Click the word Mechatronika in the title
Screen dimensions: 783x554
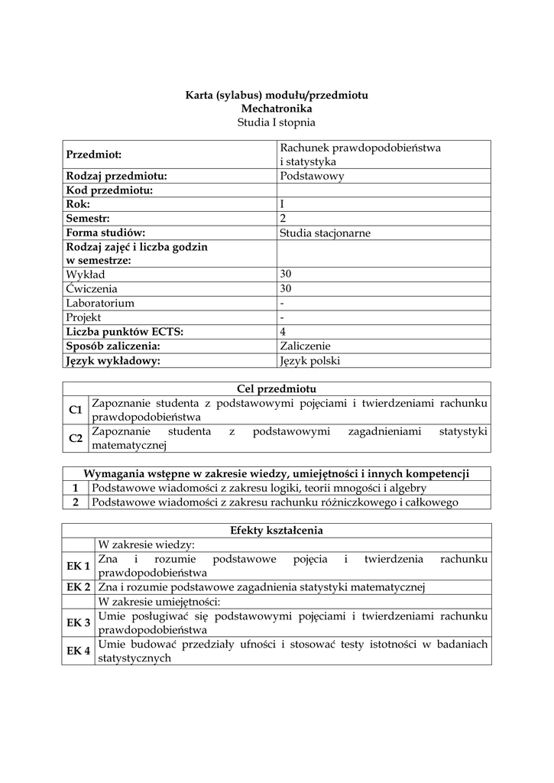pyautogui.click(x=277, y=109)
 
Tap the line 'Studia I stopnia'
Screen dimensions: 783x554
pyautogui.click(x=277, y=122)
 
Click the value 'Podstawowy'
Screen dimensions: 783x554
pyautogui.click(x=312, y=176)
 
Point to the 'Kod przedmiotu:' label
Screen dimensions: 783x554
pyautogui.click(x=110, y=190)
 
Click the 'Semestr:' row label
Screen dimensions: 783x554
pyautogui.click(x=88, y=219)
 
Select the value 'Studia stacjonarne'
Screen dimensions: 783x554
pyautogui.click(x=325, y=233)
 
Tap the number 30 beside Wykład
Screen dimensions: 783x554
pyautogui.click(x=286, y=275)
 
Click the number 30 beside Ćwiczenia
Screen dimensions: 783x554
pyautogui.click(x=286, y=289)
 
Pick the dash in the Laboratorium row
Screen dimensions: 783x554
pyautogui.click(x=282, y=303)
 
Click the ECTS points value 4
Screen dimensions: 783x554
pyautogui.click(x=283, y=332)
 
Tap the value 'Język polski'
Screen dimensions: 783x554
pyautogui.click(x=309, y=361)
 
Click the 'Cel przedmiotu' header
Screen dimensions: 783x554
pyautogui.click(x=277, y=389)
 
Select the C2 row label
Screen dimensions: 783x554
pyautogui.click(x=76, y=438)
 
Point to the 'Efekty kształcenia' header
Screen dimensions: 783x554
pyautogui.click(x=277, y=531)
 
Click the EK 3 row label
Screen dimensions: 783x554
pyautogui.click(x=78, y=623)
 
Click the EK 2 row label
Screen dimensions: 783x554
pyautogui.click(x=78, y=587)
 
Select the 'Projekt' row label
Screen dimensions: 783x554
pyautogui.click(x=84, y=317)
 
